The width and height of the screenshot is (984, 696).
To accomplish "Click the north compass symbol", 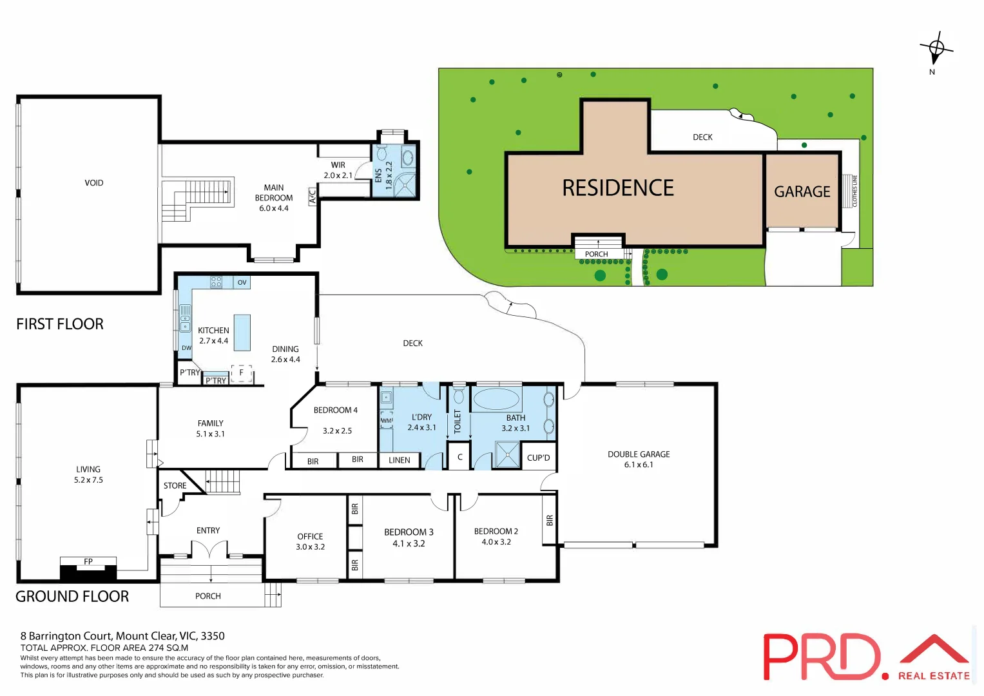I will click(x=936, y=49).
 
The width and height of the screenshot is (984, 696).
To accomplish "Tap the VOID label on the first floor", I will click(x=94, y=183).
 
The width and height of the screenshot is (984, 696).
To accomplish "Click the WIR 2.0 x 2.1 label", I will click(x=338, y=170).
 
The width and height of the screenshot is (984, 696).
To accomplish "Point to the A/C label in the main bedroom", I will click(x=313, y=196).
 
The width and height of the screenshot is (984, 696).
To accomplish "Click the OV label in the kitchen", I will click(x=242, y=282).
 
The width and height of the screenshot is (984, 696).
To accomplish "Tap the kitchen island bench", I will click(x=242, y=332).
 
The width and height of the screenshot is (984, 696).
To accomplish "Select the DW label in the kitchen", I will click(x=186, y=348).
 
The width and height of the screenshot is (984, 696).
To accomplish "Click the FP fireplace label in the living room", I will click(x=88, y=561).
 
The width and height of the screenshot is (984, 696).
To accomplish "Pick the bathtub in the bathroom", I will click(x=497, y=399).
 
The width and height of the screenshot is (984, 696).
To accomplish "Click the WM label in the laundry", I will click(x=387, y=421).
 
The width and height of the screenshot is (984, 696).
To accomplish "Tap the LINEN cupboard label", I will click(x=400, y=460).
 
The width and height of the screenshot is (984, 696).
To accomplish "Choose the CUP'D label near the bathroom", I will click(x=539, y=458).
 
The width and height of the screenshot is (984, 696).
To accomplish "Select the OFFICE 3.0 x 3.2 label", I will click(x=310, y=541).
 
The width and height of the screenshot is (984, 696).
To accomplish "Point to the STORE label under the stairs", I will click(x=175, y=486).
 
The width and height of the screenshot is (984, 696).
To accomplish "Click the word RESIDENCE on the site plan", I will click(x=618, y=188).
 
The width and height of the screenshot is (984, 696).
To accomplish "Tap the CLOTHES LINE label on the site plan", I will click(x=855, y=191).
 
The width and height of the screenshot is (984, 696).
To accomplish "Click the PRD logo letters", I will click(x=822, y=657).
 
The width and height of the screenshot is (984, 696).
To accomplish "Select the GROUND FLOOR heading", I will click(x=72, y=597).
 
